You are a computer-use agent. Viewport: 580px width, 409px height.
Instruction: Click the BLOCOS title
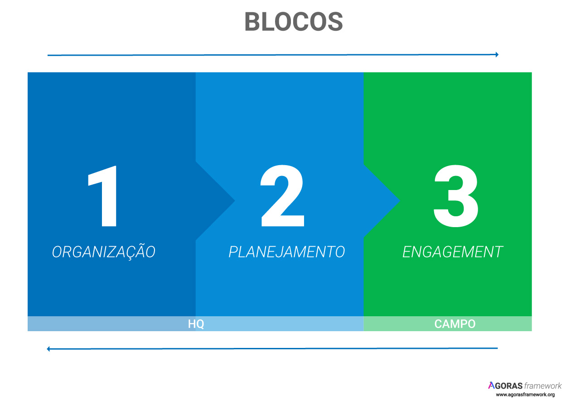click(294, 22)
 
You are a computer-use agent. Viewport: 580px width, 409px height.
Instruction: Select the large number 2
click(282, 196)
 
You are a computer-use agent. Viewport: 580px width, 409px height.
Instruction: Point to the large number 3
click(456, 196)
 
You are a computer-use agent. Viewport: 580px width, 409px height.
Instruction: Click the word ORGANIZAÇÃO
click(104, 252)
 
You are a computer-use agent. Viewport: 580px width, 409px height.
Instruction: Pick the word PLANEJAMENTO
click(287, 252)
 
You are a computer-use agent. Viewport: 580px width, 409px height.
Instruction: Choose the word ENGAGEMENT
click(453, 252)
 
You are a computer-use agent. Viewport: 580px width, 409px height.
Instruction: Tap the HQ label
click(196, 324)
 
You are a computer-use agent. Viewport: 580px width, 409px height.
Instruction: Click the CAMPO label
click(454, 324)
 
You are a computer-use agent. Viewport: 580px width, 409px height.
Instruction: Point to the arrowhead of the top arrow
click(497, 55)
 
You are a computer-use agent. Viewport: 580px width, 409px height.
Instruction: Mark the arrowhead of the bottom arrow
click(48, 349)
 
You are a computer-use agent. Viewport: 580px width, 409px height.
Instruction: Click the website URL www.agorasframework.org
click(525, 395)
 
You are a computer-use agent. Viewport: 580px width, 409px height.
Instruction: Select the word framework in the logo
click(543, 386)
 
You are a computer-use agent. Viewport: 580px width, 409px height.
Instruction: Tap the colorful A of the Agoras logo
click(491, 385)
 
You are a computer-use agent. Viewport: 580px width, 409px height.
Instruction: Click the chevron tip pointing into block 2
click(235, 200)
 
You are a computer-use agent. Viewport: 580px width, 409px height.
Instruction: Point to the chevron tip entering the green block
click(400, 200)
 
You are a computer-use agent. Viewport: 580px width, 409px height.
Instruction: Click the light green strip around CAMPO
click(448, 323)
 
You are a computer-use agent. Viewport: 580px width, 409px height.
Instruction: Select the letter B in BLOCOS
click(252, 22)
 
